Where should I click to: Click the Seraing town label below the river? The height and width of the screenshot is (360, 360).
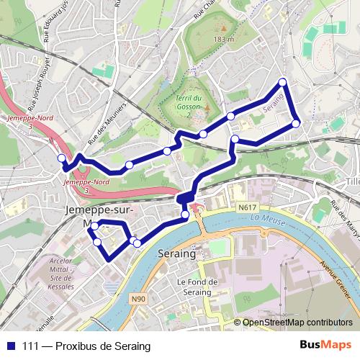pyautogui.click(x=176, y=255)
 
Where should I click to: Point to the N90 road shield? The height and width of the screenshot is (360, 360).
pyautogui.click(x=138, y=296)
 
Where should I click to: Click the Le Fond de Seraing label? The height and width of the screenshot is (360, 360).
pyautogui.click(x=194, y=287)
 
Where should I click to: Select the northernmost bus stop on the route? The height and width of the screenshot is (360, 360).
pyautogui.click(x=283, y=81)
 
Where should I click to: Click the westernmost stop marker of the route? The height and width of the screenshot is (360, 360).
pyautogui.click(x=61, y=158)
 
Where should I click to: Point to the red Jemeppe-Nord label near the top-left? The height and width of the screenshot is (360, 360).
pyautogui.click(x=22, y=120)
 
